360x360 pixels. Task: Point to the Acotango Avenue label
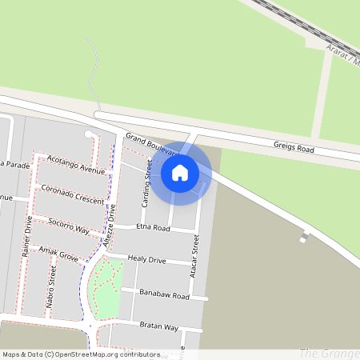(x=76, y=165)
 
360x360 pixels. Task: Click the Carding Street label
(x=146, y=183)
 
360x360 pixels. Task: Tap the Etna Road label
(x=154, y=228)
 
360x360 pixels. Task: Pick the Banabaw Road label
(x=163, y=295)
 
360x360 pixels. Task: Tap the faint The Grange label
(x=328, y=353)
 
